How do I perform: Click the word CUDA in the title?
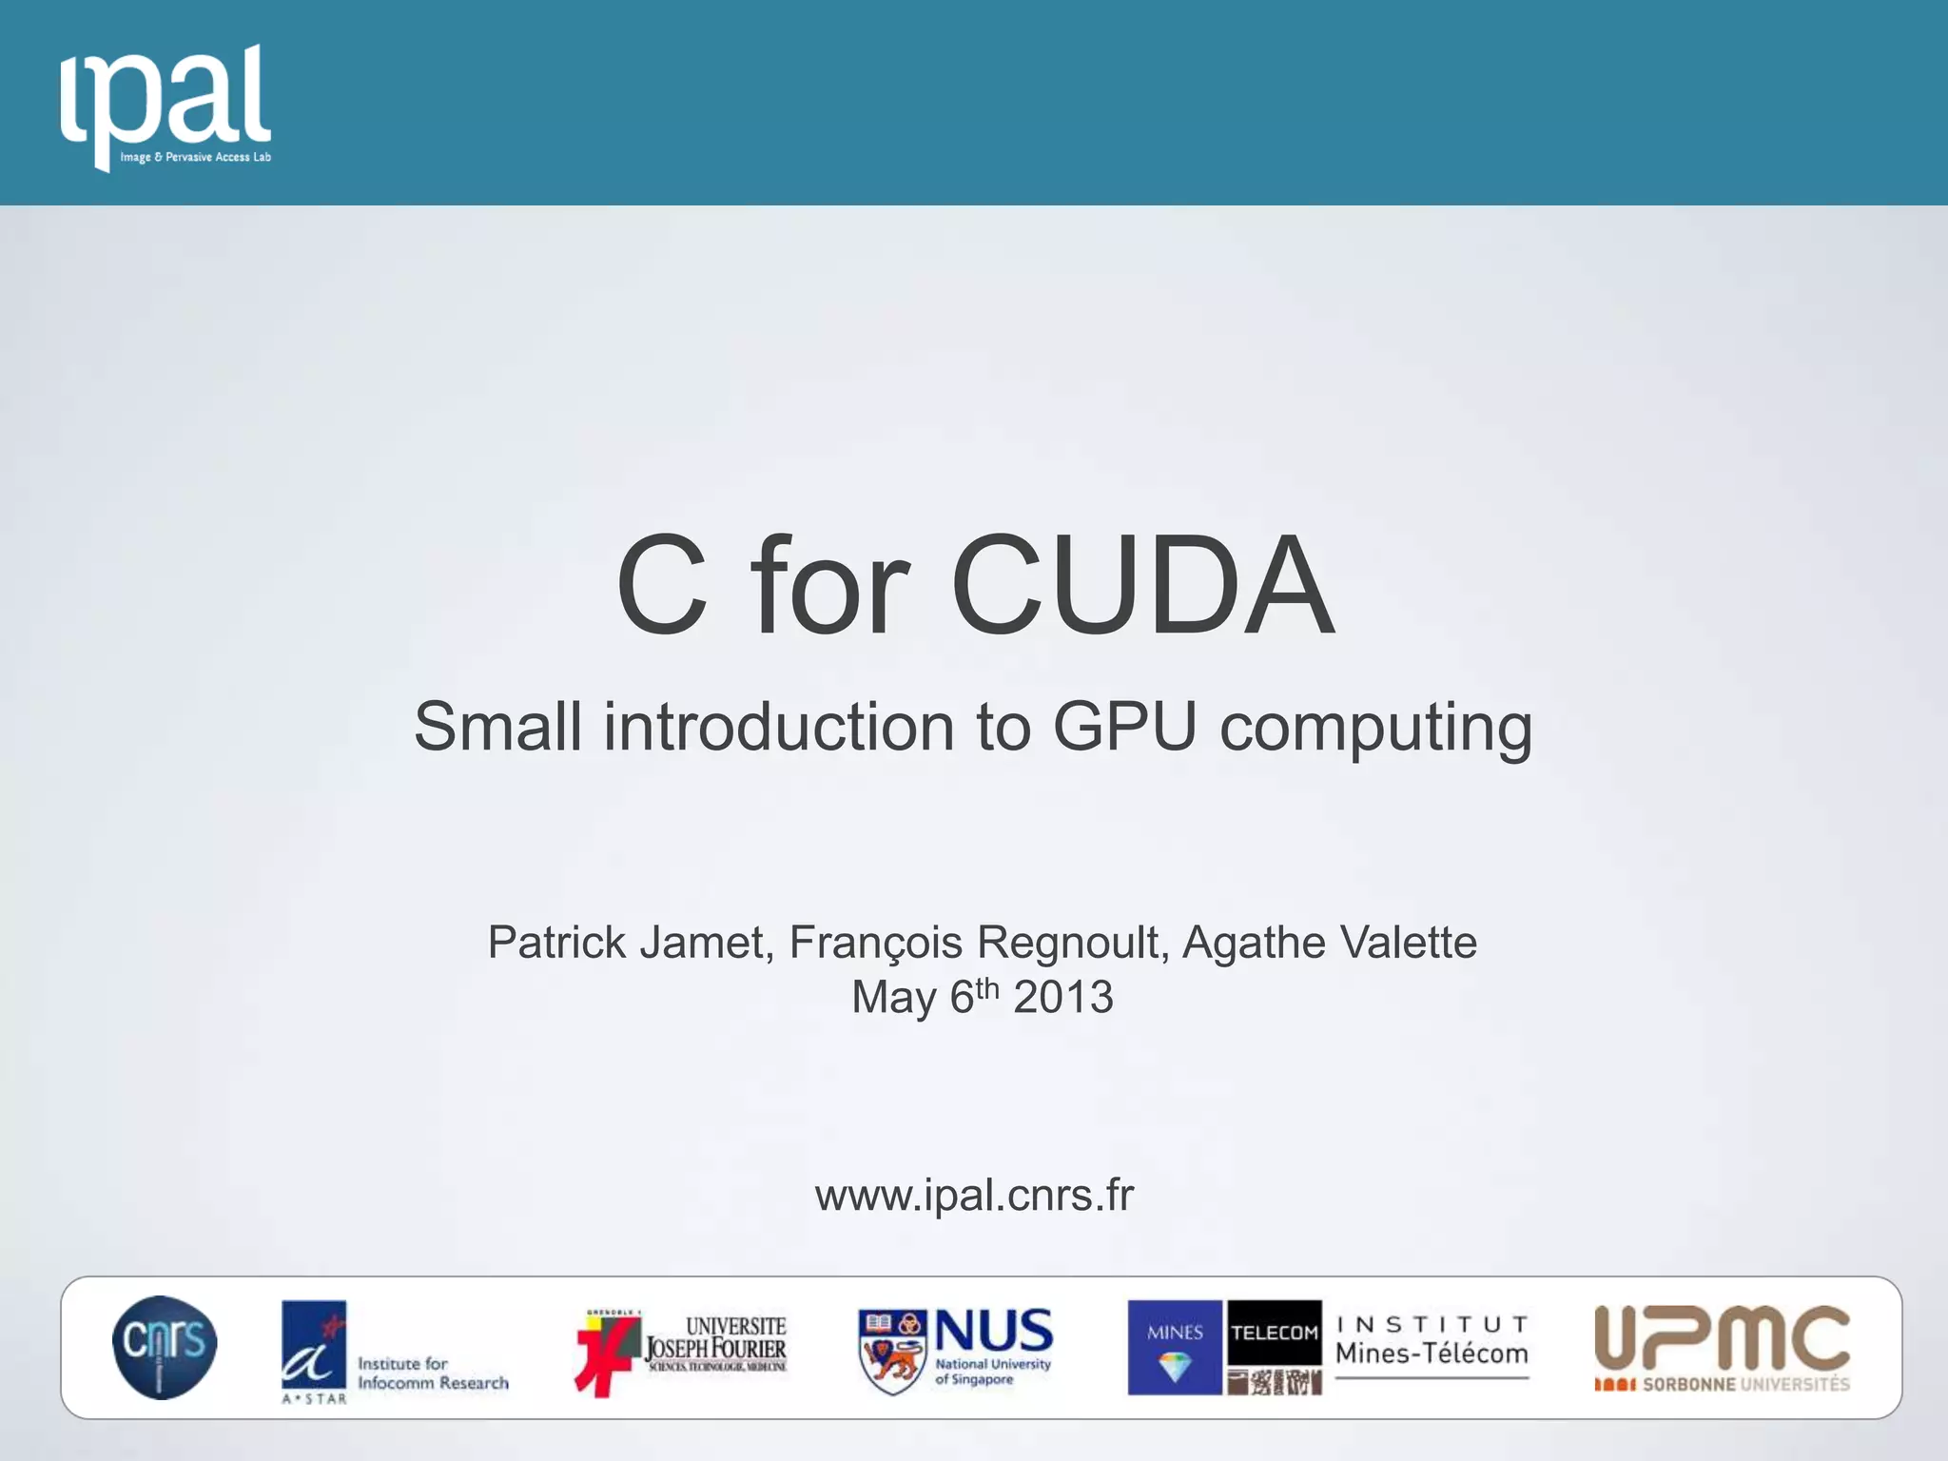pyautogui.click(x=1142, y=585)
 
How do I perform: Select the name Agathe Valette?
pyautogui.click(x=1329, y=943)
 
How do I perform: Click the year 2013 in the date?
pyautogui.click(x=1062, y=998)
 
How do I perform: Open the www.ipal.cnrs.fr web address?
pyautogui.click(x=974, y=1195)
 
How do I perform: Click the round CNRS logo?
pyautogui.click(x=165, y=1347)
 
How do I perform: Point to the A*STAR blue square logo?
pyautogui.click(x=314, y=1345)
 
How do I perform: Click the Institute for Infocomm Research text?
pyautogui.click(x=433, y=1373)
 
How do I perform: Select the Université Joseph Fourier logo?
pyautogui.click(x=681, y=1349)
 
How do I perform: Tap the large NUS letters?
pyautogui.click(x=994, y=1330)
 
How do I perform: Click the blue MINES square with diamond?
pyautogui.click(x=1175, y=1348)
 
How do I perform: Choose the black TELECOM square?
pyautogui.click(x=1274, y=1333)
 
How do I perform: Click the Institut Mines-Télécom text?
pyautogui.click(x=1432, y=1342)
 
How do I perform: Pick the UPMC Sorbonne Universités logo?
pyautogui.click(x=1722, y=1349)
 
